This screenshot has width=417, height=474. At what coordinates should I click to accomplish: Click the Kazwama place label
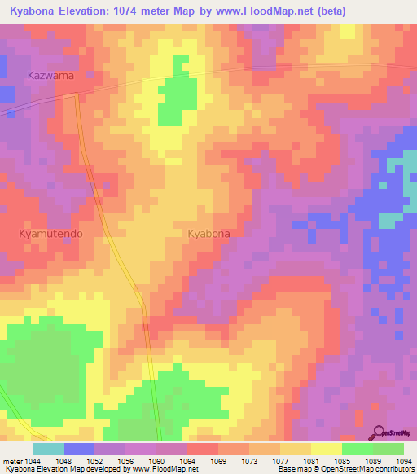[50, 76]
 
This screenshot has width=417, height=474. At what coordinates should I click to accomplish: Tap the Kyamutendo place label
[50, 233]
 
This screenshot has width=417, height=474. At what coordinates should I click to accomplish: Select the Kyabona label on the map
[208, 234]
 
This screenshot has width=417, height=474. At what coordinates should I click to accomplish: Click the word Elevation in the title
[94, 11]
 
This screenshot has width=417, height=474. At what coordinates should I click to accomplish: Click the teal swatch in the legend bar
[47, 449]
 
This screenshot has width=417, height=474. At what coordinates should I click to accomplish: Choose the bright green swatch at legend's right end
[388, 449]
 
